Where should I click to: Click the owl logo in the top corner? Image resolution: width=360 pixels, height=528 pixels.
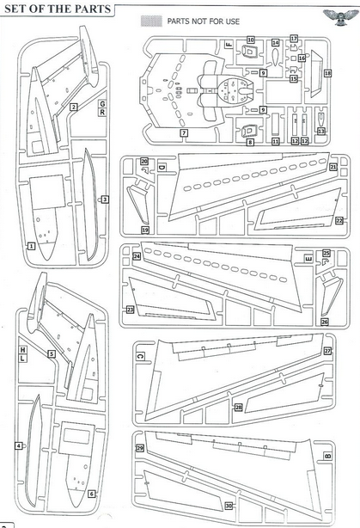[341, 17]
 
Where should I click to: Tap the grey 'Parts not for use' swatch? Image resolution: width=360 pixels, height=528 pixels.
[151, 21]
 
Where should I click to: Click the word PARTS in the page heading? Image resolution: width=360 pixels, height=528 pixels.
[95, 9]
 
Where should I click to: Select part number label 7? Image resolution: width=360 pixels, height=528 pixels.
[184, 133]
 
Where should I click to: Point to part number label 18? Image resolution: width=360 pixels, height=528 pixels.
[327, 73]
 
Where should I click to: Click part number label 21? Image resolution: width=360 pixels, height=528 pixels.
[333, 167]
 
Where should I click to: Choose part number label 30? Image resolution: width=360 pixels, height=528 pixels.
[229, 506]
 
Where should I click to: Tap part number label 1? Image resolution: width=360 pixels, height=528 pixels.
[31, 246]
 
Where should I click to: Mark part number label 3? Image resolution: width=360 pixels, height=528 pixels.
[105, 200]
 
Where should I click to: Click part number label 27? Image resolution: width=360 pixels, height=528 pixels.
[327, 351]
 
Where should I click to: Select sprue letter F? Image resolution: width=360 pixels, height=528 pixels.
[229, 44]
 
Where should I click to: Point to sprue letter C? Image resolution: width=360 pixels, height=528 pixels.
[141, 356]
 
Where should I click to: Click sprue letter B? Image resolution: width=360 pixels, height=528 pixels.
[327, 456]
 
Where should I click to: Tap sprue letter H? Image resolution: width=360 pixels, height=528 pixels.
[22, 350]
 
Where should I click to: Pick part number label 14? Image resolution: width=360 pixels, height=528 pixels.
[275, 43]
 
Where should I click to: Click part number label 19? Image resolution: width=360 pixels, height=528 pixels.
[145, 230]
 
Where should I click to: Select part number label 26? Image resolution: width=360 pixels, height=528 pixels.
[324, 322]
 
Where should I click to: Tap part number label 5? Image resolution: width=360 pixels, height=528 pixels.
[52, 354]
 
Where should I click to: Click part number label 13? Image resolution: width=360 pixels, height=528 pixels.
[321, 131]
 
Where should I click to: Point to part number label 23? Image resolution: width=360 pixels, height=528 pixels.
[130, 310]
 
